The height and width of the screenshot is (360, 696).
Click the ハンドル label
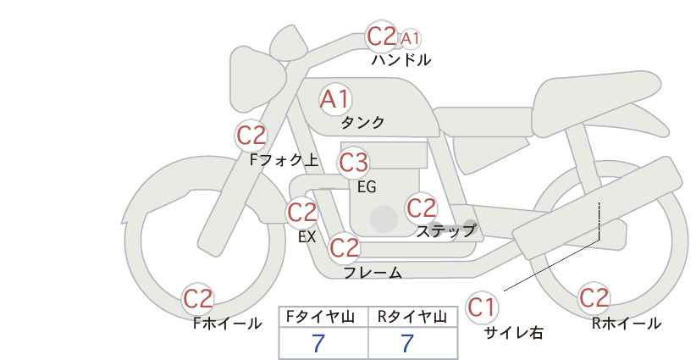tap(401, 59)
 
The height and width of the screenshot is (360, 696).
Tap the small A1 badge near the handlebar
tap(410, 39)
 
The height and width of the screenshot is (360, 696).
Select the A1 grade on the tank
tap(335, 99)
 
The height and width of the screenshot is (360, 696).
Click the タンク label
tap(362, 122)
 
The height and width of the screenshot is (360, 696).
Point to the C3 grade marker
tap(353, 163)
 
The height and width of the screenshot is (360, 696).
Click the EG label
tap(367, 187)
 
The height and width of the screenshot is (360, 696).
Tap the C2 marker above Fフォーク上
tap(251, 136)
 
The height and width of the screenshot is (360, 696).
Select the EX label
tap(307, 237)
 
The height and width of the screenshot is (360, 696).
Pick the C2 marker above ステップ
tap(422, 208)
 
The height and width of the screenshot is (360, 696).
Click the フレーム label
tap(373, 272)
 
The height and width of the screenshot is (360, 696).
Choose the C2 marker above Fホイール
tap(198, 299)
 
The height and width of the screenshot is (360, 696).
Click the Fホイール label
tap(227, 324)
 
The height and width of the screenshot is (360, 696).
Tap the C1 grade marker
tap(482, 307)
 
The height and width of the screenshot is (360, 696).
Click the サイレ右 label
tap(514, 332)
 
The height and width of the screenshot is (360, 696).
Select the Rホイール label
tap(627, 324)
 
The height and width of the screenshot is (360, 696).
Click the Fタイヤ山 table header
tap(320, 317)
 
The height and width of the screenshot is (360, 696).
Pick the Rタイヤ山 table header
tap(412, 317)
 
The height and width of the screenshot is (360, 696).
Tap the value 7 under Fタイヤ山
tap(318, 343)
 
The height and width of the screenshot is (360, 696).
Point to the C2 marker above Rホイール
tap(594, 298)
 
